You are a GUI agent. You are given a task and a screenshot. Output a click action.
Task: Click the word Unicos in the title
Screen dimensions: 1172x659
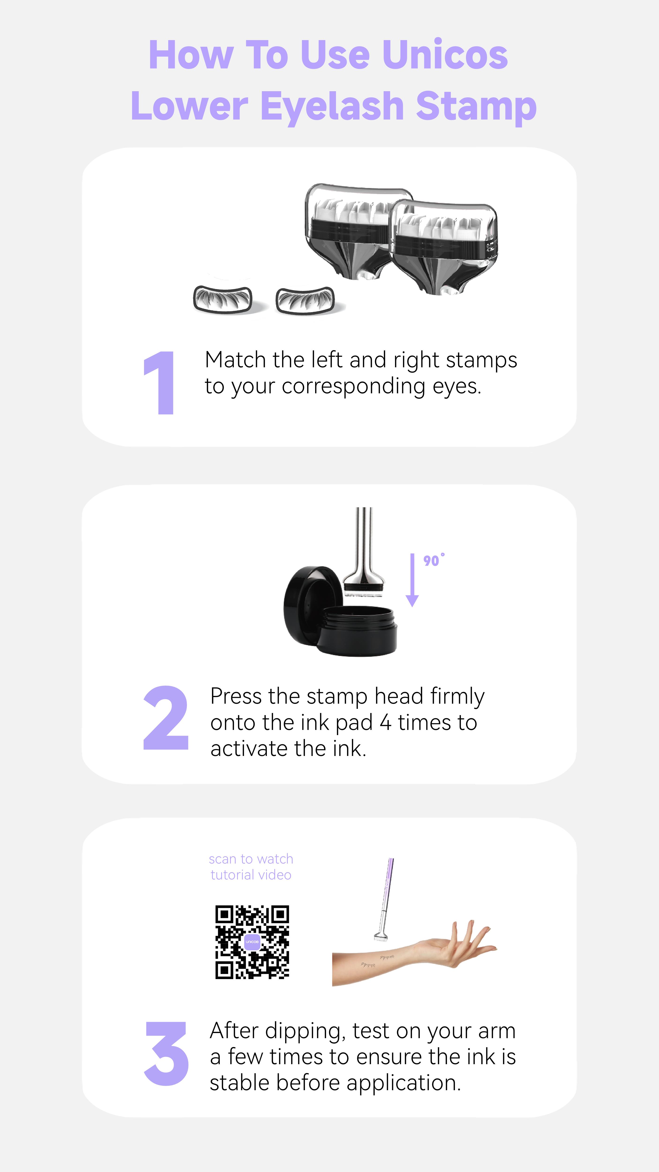coord(445,56)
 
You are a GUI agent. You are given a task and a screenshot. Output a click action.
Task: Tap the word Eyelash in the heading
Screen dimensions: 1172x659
coord(332,107)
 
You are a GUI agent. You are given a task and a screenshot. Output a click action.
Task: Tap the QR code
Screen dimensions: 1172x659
coord(252,942)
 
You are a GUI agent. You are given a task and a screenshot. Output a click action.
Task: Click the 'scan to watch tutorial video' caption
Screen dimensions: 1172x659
coord(251,867)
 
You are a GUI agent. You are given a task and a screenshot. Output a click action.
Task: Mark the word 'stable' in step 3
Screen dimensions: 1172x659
coord(240,1083)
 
